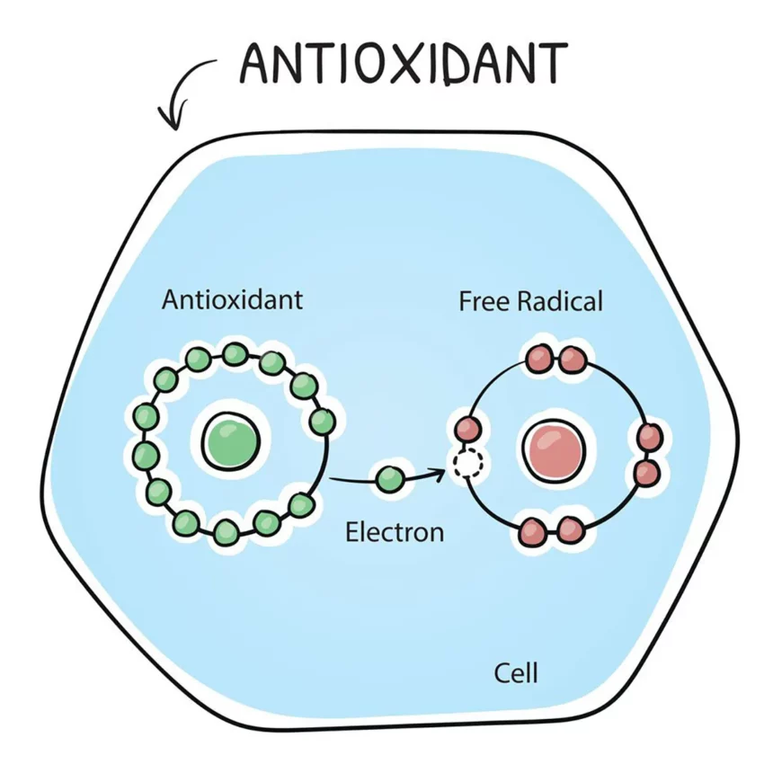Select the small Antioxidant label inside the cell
[232, 299]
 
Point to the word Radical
[560, 300]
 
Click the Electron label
[395, 531]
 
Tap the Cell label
[517, 671]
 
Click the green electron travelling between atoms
[390, 479]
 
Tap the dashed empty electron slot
[468, 464]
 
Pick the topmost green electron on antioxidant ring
[235, 353]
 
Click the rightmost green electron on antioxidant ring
[323, 421]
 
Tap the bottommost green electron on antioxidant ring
[227, 534]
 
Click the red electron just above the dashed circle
[468, 428]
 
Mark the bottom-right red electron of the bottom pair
[569, 530]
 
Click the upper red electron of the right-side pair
[650, 437]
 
